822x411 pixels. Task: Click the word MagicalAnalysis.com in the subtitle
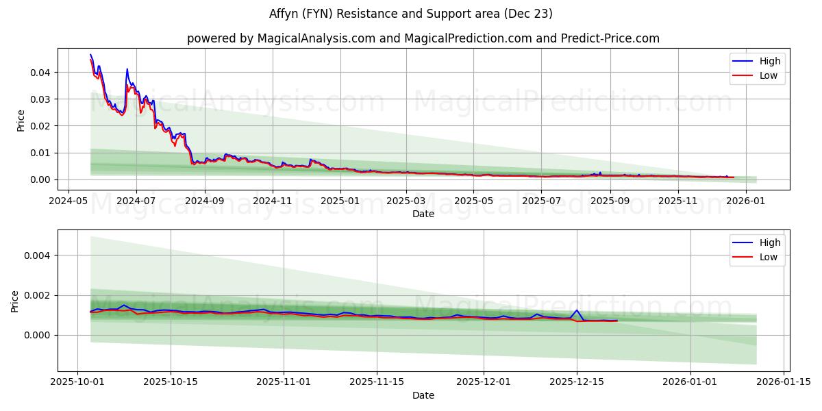click(x=316, y=38)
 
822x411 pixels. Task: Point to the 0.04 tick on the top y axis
click(x=40, y=73)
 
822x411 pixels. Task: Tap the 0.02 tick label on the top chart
click(x=40, y=126)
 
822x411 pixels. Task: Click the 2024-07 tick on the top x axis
click(x=136, y=201)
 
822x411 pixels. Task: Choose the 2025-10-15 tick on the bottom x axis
click(x=171, y=382)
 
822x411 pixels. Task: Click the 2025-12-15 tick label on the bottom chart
click(x=576, y=382)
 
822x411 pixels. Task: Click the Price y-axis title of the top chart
click(x=21, y=121)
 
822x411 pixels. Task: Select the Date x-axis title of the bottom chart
click(x=423, y=395)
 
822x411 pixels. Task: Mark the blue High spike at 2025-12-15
click(x=576, y=310)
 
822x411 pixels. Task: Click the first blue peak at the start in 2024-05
click(x=90, y=55)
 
